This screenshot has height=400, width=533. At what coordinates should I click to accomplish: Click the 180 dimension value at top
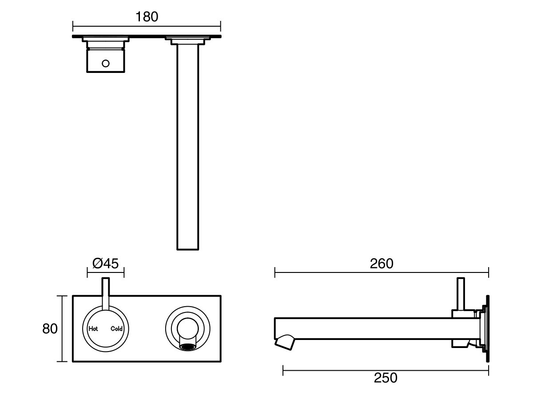[x=147, y=17]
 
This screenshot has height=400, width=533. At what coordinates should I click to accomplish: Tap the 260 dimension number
[x=382, y=264]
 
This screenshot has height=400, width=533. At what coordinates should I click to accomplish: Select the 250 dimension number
[x=386, y=378]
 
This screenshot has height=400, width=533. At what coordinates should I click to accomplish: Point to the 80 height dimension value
[x=50, y=329]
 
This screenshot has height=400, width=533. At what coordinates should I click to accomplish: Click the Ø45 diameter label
[x=105, y=264]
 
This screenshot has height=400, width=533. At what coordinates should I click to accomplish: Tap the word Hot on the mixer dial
[x=93, y=329]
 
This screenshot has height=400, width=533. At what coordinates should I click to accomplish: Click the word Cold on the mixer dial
[x=116, y=329]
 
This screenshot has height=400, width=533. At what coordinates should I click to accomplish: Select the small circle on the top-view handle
[x=105, y=63]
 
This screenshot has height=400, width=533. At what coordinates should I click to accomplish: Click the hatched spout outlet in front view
[x=187, y=346]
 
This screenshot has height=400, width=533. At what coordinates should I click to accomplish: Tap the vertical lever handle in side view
[x=461, y=293]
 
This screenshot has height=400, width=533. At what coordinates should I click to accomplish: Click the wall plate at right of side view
[x=487, y=329]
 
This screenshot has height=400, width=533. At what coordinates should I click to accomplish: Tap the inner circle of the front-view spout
[x=187, y=328]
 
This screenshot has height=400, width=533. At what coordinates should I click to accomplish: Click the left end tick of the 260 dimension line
[x=275, y=272]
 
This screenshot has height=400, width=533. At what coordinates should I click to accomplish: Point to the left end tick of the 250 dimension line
[x=283, y=369]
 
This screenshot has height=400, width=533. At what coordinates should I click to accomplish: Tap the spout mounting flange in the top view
[x=187, y=41]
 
